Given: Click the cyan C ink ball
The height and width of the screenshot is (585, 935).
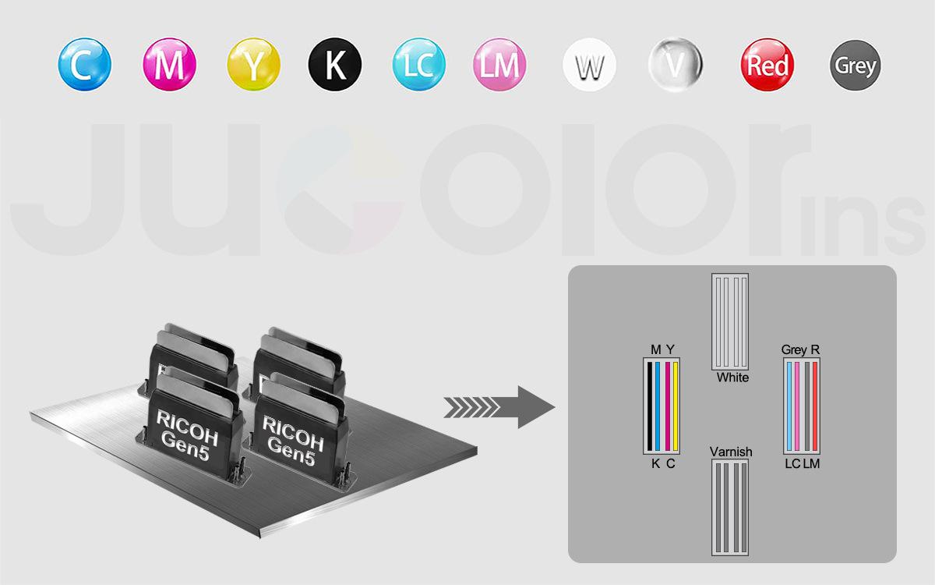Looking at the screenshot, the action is point(85,64).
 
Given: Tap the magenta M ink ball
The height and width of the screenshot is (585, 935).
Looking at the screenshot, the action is point(169,64).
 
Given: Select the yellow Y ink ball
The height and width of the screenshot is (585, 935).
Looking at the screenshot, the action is point(253,64).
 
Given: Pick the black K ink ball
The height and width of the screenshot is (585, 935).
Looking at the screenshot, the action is point(335,64).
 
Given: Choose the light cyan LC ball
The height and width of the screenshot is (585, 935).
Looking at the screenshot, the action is point(418,64).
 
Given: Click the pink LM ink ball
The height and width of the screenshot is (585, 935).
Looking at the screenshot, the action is point(499,64).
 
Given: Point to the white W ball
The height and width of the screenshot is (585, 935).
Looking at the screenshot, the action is point(589,65).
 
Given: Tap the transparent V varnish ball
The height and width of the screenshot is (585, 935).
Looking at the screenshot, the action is point(676,65).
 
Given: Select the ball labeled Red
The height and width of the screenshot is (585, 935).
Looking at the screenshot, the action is point(767,65).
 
